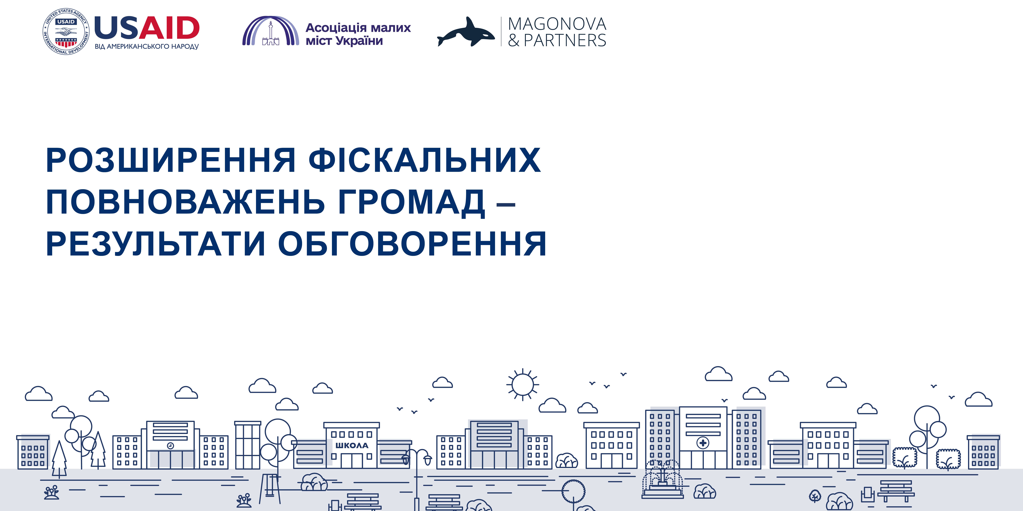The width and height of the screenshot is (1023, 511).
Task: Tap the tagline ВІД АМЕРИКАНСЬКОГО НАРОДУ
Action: coord(147,46)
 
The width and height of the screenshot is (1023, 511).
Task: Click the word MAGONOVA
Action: coord(557,24)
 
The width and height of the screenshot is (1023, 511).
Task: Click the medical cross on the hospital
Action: coord(703,443)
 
